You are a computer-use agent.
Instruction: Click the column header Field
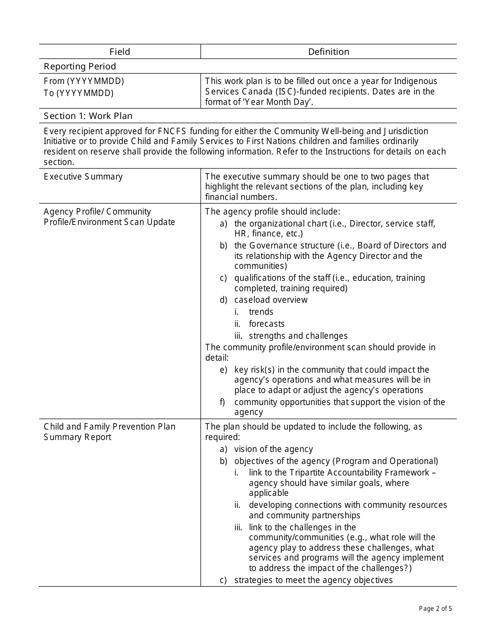[x=120, y=52]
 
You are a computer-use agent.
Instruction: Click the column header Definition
[x=328, y=52]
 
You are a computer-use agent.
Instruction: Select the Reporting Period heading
[x=80, y=66]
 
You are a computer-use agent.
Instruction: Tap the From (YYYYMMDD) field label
[x=84, y=81]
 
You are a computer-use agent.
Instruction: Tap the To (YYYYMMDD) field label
[x=79, y=93]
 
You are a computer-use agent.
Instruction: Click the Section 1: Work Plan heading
[x=88, y=116]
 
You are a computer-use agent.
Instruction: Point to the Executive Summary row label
[x=83, y=176]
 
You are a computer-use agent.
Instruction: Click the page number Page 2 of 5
[x=435, y=608]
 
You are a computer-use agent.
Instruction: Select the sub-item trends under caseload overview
[x=261, y=312]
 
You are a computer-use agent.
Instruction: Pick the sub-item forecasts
[x=267, y=324]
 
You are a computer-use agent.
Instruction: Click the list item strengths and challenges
[x=298, y=336]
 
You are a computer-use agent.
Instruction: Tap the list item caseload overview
[x=271, y=300]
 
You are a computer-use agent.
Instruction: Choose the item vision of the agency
[x=274, y=449]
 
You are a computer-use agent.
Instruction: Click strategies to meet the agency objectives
[x=313, y=580]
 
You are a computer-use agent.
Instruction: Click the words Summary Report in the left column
[x=78, y=437]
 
